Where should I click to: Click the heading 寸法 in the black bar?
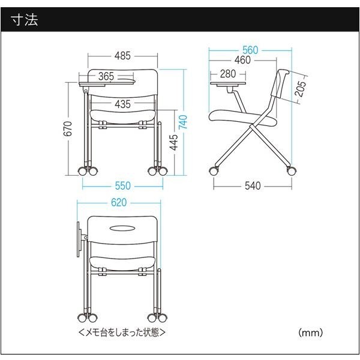coord(24,20)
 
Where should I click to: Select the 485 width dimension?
coord(122,56)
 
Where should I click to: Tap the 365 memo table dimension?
coord(106,76)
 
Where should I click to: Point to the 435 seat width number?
coord(122,104)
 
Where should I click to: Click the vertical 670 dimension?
coord(68,128)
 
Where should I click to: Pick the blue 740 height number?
coord(183,122)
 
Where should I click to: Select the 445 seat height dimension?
coord(174,142)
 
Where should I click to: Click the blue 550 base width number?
coord(122,186)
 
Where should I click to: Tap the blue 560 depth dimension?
coord(250,50)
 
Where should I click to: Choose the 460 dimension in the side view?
coord(242,60)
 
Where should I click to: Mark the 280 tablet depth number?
coord(228,74)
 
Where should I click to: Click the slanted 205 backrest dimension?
coord(301,89)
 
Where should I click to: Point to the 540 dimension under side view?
coord(253,186)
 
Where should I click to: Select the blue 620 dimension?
coord(119,203)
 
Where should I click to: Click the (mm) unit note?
coord(310,332)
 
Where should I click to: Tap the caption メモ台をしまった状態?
coord(122,332)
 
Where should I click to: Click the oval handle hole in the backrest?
coord(122,229)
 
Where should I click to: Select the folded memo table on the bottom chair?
coord(79,239)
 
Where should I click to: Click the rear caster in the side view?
coord(291,171)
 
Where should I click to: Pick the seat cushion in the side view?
coord(242,118)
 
